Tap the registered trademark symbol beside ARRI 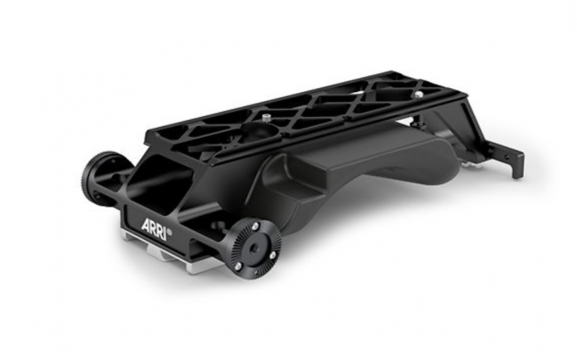170,232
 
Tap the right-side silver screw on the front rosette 272,255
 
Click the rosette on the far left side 98,179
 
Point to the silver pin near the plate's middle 267,118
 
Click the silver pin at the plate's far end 418,94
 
